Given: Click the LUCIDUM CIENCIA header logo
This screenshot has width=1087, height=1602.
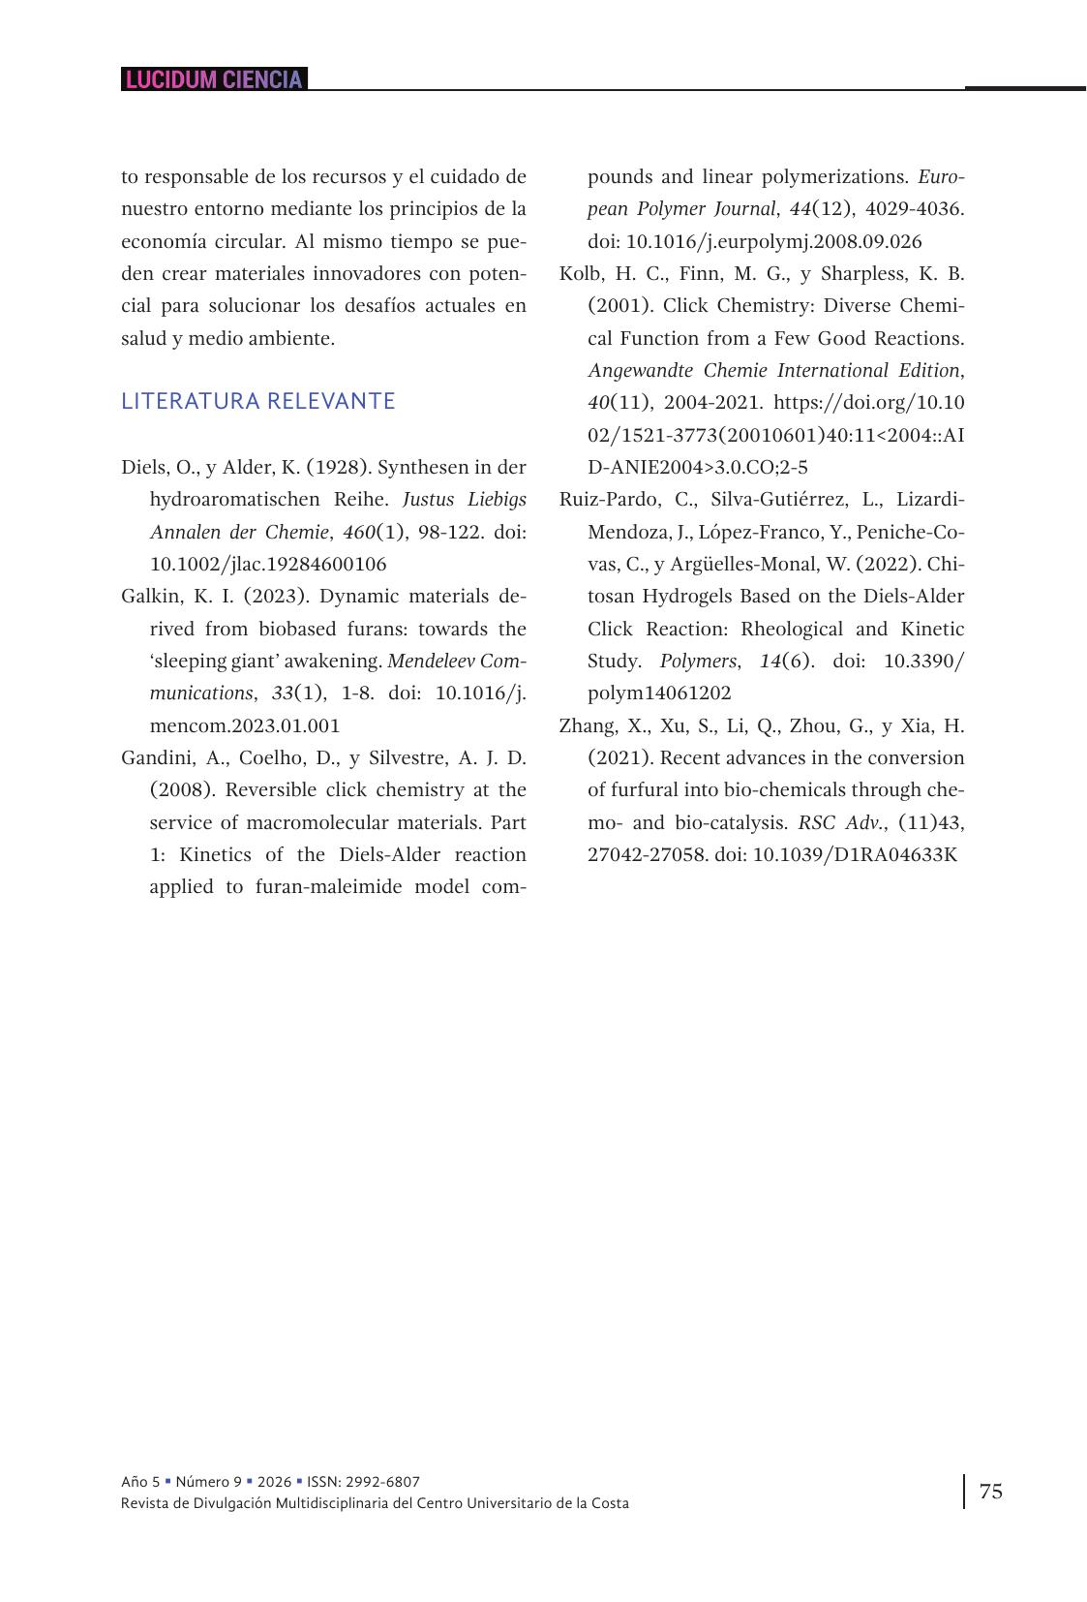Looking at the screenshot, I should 214,79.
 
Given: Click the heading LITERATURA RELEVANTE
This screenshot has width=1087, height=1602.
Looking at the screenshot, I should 257,401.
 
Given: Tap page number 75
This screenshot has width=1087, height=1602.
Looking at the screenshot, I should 991,1491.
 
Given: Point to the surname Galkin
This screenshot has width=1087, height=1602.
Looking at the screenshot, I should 149,597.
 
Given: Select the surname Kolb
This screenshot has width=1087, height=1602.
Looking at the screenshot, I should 581,274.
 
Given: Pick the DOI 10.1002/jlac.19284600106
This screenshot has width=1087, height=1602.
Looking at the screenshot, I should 268,565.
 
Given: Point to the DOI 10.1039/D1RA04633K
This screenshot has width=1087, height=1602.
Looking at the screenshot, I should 855,855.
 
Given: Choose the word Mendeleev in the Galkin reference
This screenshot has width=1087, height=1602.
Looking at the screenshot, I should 431,662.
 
